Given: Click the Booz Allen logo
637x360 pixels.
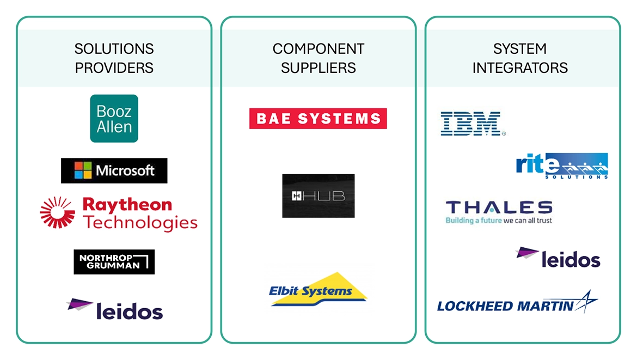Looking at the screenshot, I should [114, 119].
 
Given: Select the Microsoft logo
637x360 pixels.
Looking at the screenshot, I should [114, 170].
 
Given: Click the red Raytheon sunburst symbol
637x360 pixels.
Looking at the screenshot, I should [57, 212].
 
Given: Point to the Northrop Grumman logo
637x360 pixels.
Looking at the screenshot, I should [114, 262].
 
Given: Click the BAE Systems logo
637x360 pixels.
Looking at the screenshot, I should [318, 119].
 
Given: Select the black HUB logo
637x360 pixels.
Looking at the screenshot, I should [318, 196].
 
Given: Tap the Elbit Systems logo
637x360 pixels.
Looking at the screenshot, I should [318, 290].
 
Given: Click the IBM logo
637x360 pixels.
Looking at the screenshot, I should [471, 124].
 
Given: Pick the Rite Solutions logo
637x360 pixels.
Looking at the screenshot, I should [561, 166].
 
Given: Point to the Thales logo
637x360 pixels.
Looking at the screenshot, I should [499, 208].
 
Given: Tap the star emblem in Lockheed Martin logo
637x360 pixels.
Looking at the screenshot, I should [586, 301].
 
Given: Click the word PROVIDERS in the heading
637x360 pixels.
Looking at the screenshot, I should [114, 68].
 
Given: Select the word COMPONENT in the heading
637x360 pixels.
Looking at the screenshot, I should [318, 49].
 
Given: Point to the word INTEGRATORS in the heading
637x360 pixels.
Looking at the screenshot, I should [520, 68].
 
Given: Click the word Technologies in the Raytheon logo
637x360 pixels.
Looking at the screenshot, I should [140, 222].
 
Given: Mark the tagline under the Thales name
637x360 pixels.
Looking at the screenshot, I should [499, 221].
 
